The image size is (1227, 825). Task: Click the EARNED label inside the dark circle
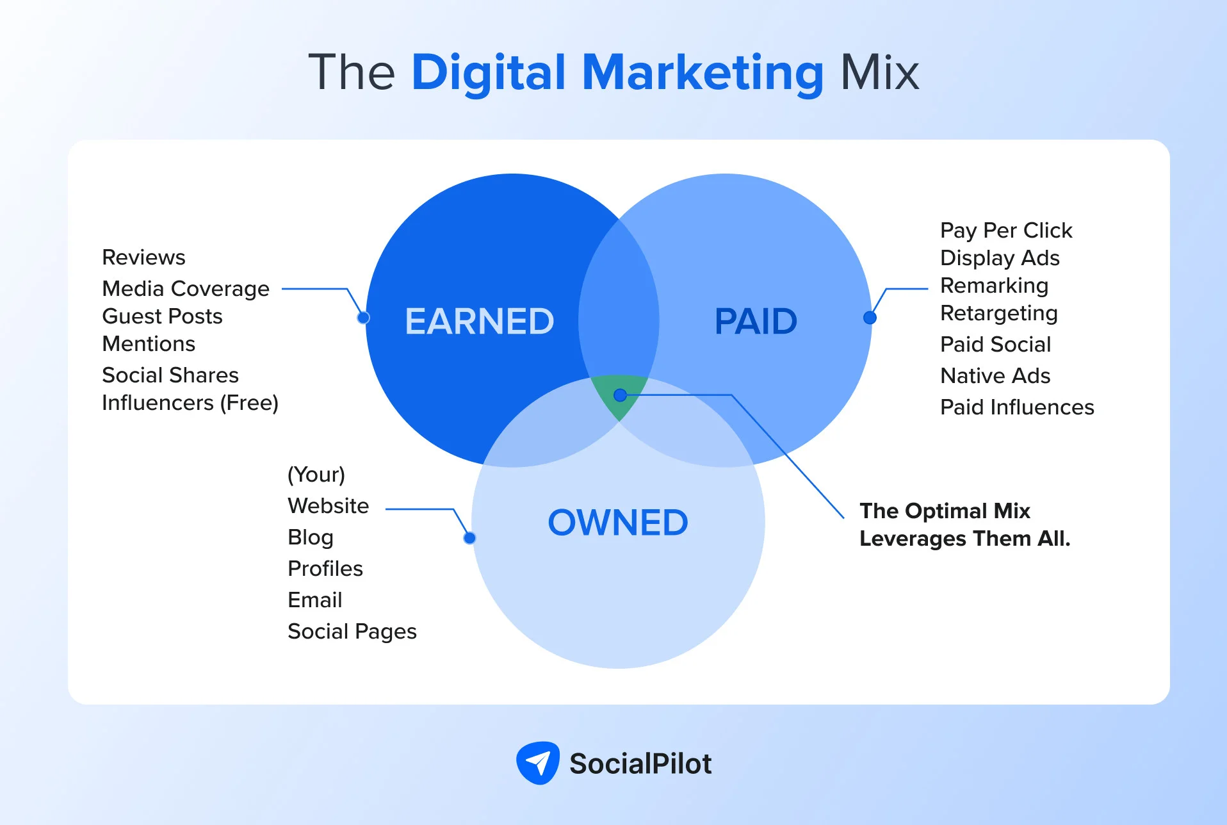pyautogui.click(x=479, y=321)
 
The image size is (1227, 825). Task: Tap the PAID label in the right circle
pyautogui.click(x=756, y=321)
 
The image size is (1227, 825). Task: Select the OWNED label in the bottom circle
pyautogui.click(x=618, y=523)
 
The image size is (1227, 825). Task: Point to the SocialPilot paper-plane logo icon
pyautogui.click(x=538, y=763)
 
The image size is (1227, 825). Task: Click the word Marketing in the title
pyautogui.click(x=703, y=72)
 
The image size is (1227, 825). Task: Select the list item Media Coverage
pyautogui.click(x=186, y=289)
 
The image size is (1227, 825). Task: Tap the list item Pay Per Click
pyautogui.click(x=1006, y=230)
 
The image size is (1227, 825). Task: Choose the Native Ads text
pyautogui.click(x=995, y=376)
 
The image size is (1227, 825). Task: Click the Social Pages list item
pyautogui.click(x=352, y=632)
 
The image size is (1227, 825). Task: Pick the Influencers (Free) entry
pyautogui.click(x=190, y=403)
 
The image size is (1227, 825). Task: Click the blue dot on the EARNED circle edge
pyautogui.click(x=363, y=318)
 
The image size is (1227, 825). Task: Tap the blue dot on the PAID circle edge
pyautogui.click(x=870, y=318)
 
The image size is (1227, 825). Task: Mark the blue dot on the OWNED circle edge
pyautogui.click(x=469, y=538)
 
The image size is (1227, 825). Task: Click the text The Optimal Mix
pyautogui.click(x=945, y=511)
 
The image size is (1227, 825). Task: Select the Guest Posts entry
pyautogui.click(x=162, y=316)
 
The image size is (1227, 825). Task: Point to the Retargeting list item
pyautogui.click(x=998, y=313)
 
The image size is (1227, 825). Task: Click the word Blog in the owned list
pyautogui.click(x=311, y=537)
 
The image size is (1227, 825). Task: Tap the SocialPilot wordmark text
pyautogui.click(x=640, y=764)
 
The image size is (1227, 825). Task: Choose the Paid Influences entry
pyautogui.click(x=1017, y=407)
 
